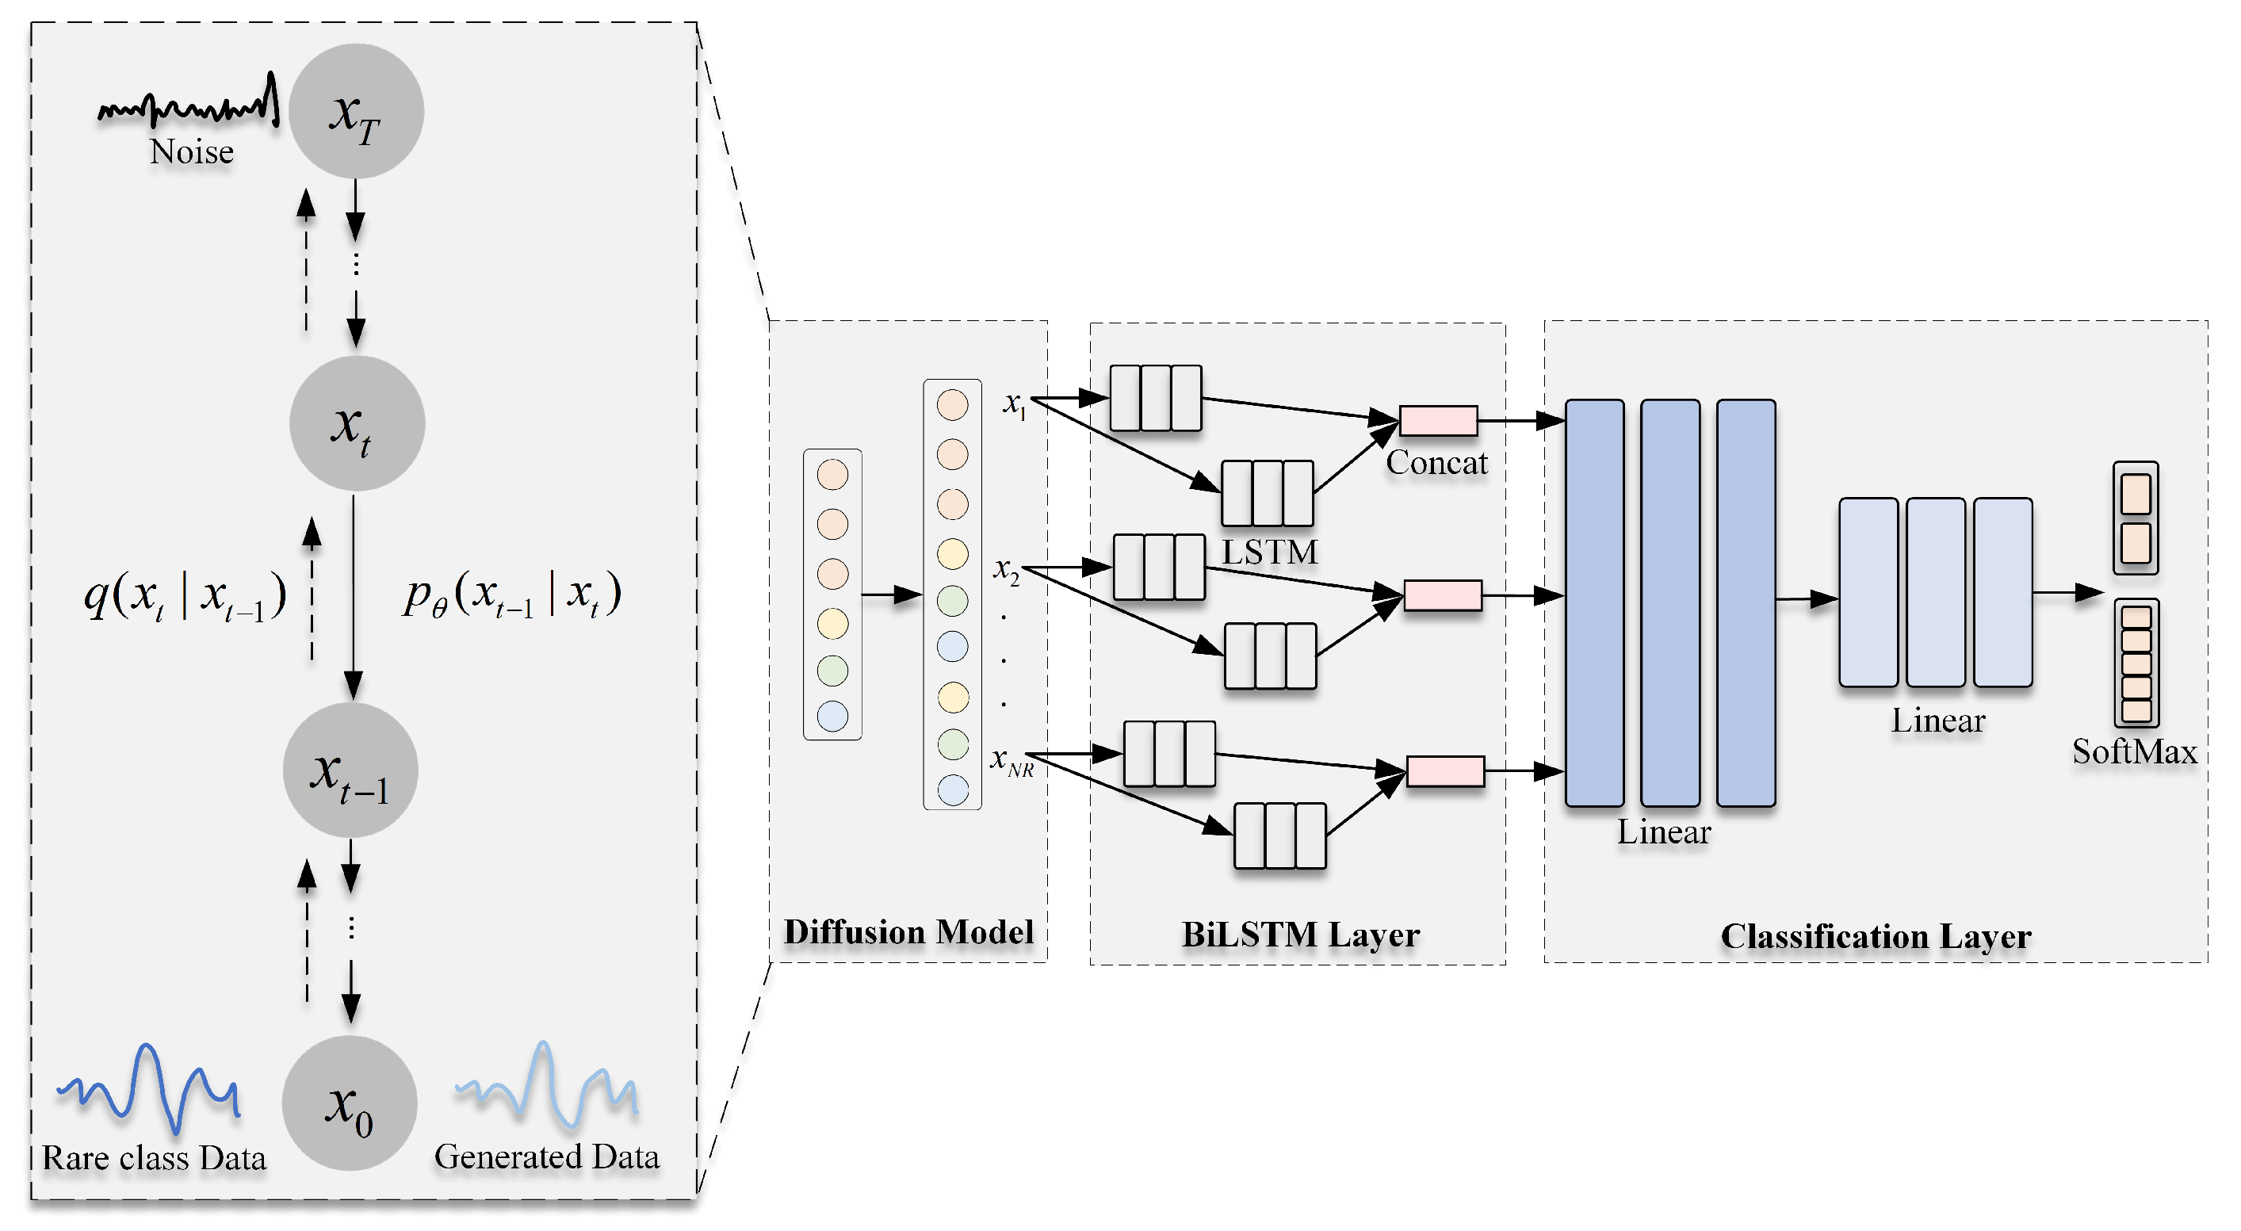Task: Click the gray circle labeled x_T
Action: pos(356,111)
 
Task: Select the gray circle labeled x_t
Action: pos(357,423)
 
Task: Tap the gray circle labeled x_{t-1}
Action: pos(350,770)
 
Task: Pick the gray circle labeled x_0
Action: pos(350,1103)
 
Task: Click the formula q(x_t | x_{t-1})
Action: pos(185,597)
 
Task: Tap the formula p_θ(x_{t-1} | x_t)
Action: pos(511,595)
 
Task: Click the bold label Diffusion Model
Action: pos(908,931)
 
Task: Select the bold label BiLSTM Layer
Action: pos(1300,935)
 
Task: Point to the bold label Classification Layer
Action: pos(1876,936)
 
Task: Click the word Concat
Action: pos(1436,463)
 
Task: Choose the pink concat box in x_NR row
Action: pos(1445,770)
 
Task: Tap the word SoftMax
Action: pos(2134,751)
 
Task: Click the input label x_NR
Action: pos(1012,761)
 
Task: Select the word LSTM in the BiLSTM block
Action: pos(1269,552)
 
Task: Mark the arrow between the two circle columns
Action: pos(891,595)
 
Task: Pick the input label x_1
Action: pos(1015,403)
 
